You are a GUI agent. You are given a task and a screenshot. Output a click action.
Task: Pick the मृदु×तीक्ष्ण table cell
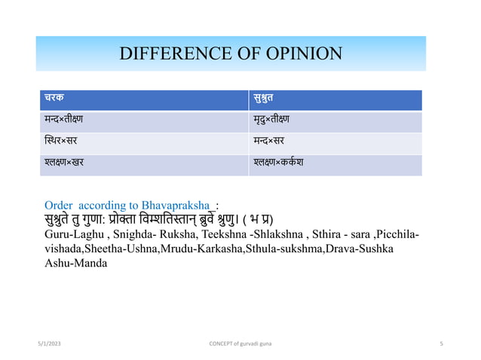click(274, 119)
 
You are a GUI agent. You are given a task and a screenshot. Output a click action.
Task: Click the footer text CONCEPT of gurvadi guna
click(240, 344)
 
